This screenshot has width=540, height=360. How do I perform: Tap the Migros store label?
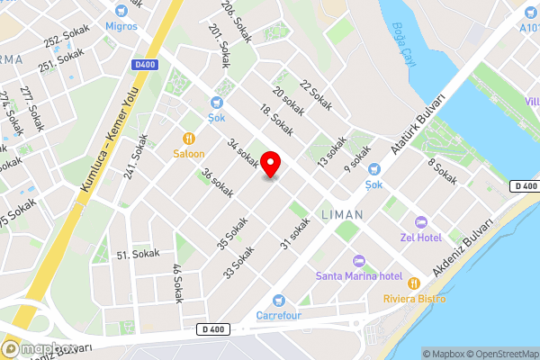point(122,26)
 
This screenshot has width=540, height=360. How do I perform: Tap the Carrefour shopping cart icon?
point(278,300)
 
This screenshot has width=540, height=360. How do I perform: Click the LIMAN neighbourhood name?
point(342,215)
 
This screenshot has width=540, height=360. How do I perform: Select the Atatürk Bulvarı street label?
point(419,126)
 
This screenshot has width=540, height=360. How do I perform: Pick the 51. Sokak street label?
point(139,255)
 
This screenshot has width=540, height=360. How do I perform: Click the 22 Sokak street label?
point(317,95)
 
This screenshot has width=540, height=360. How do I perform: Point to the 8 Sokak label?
point(442,172)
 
